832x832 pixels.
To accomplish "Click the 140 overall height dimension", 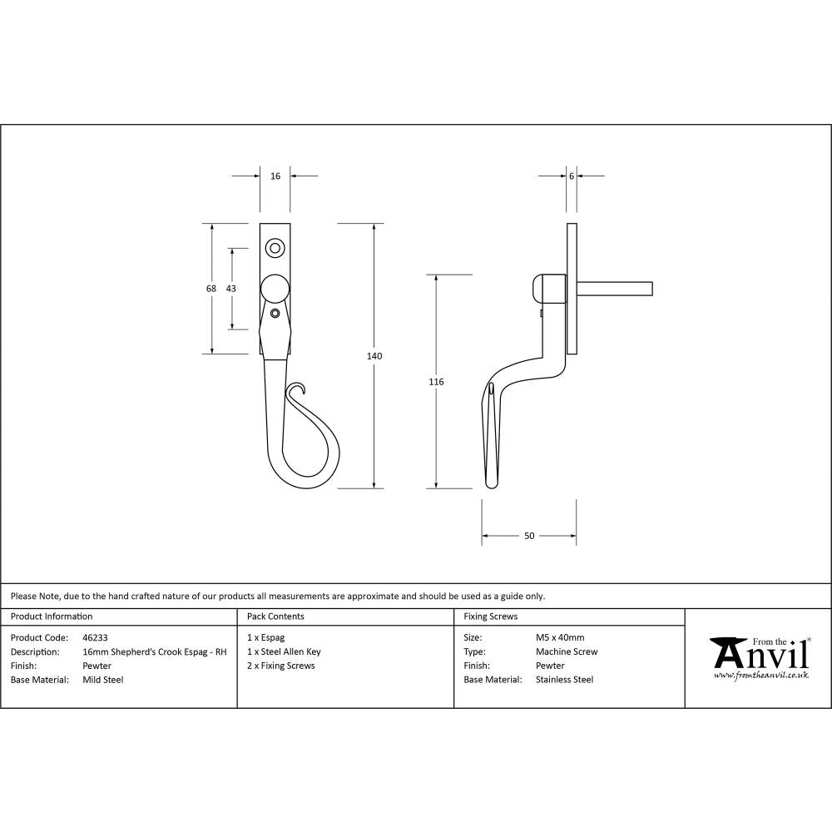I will tap(374, 356).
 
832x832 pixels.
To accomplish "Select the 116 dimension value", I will tap(436, 382).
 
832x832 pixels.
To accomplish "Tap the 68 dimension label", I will tap(211, 289).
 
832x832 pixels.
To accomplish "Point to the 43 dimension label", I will tap(231, 289).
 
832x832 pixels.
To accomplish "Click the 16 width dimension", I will tap(275, 176).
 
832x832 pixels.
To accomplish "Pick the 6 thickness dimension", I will tap(572, 176).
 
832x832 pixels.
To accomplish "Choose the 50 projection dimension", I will tap(529, 536).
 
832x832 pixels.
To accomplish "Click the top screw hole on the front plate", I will tap(275, 247).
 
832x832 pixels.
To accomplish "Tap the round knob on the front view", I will tap(275, 289).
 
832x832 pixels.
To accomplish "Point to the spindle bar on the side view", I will tap(616, 289).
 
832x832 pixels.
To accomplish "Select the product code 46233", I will tap(96, 638).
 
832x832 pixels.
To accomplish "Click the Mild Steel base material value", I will tap(103, 680).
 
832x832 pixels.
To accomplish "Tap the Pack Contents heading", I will tap(275, 617).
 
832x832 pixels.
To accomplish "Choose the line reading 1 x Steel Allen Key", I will tap(284, 652).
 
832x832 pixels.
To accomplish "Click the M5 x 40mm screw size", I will tap(560, 638).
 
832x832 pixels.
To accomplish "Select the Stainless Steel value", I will tap(564, 680).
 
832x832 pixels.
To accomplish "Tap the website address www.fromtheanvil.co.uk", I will tap(760, 676).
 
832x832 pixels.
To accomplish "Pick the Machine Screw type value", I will tap(567, 652).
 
